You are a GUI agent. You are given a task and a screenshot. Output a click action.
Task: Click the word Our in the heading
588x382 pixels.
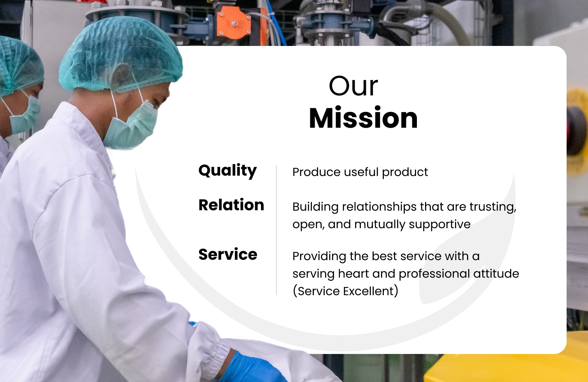tap(353, 86)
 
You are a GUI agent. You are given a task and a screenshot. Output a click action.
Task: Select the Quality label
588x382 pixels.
tap(227, 171)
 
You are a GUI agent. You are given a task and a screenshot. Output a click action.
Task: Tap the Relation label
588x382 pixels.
tap(231, 205)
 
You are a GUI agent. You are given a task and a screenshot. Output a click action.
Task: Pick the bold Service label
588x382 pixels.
tap(228, 255)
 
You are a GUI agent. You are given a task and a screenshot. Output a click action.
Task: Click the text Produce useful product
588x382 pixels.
tap(360, 173)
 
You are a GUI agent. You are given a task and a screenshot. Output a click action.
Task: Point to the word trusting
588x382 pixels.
tap(493, 207)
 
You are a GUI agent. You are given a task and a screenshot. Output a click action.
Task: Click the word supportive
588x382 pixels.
tap(440, 225)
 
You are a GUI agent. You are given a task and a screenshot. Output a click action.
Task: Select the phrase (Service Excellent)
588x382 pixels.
tap(345, 291)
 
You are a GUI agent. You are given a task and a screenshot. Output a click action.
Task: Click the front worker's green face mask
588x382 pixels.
tap(131, 126)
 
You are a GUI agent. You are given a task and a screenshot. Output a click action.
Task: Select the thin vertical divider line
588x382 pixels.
tap(276, 230)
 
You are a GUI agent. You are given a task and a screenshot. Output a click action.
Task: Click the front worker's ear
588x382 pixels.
tap(121, 77)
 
